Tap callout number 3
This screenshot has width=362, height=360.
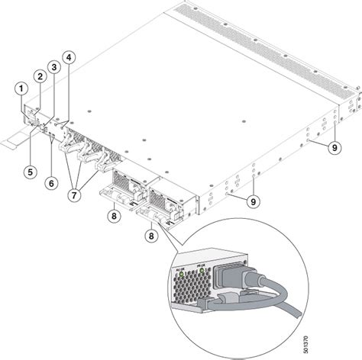[x=53, y=66]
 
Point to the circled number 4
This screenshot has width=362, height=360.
[x=69, y=57]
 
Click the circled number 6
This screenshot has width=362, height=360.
[x=50, y=183]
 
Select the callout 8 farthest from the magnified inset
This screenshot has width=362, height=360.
[x=113, y=217]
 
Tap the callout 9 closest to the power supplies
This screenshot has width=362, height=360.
[x=252, y=201]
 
